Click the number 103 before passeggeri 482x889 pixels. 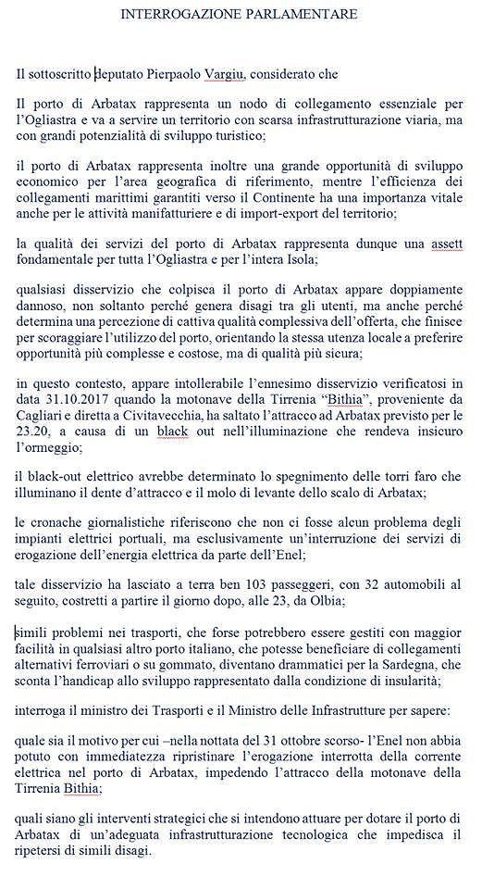pos(246,581)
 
